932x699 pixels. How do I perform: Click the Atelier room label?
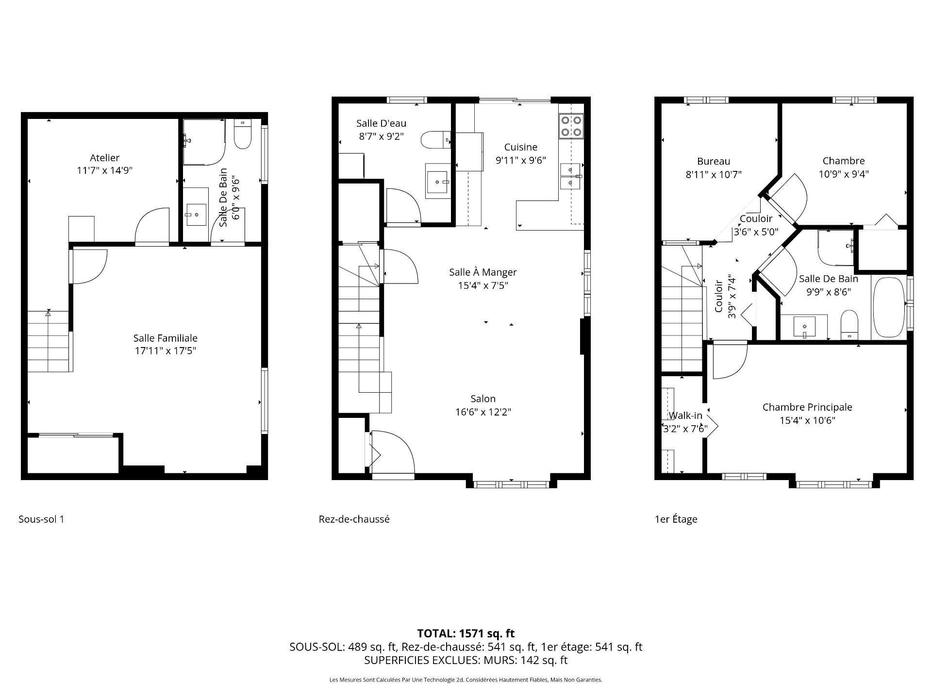coord(104,158)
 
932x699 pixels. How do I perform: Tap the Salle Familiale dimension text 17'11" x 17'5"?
coord(165,351)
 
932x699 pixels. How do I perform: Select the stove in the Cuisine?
coord(571,126)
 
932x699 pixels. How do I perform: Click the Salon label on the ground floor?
coord(483,399)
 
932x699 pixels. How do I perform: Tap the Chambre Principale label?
coord(807,407)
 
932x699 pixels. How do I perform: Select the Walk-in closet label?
coord(685,416)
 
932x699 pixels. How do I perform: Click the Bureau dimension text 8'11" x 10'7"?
coord(714,175)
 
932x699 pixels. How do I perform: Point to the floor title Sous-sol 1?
coord(41,519)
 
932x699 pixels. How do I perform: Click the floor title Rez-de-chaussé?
coord(354,519)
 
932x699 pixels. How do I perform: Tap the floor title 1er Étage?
coord(676,519)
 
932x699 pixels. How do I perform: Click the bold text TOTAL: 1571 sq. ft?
coord(466,633)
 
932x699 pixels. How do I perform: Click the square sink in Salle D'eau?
coord(438,182)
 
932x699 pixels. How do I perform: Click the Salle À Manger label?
coord(483,272)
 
